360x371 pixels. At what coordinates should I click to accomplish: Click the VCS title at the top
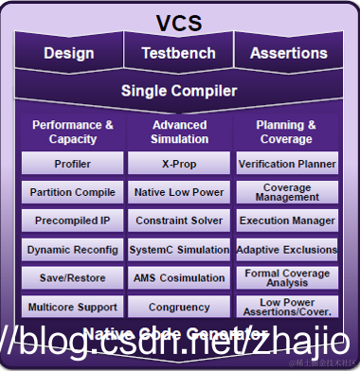(179, 22)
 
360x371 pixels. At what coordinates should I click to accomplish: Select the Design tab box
(68, 54)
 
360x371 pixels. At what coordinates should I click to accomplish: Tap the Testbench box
(179, 54)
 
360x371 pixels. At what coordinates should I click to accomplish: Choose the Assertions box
(288, 54)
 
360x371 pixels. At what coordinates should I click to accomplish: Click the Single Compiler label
(179, 92)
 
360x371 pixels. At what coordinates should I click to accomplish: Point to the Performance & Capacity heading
(72, 132)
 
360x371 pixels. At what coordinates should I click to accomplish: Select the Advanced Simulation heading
(179, 132)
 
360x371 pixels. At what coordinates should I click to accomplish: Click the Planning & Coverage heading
(285, 132)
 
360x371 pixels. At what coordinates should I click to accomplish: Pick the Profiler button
(73, 164)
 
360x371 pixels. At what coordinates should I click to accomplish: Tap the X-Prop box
(179, 164)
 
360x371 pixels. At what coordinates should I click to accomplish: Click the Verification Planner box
(286, 164)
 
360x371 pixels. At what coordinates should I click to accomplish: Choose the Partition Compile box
(73, 192)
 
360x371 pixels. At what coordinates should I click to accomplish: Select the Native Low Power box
(179, 192)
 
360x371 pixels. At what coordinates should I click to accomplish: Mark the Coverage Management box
(286, 192)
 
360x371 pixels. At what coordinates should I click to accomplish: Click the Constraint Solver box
(179, 221)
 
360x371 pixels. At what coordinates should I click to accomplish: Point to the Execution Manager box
(286, 221)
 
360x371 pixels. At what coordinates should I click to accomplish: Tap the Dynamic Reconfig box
(73, 250)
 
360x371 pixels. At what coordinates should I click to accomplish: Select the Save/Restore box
(73, 278)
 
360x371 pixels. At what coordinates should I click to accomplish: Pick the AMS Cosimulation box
(179, 278)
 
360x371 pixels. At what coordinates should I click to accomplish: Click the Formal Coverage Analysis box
(286, 278)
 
